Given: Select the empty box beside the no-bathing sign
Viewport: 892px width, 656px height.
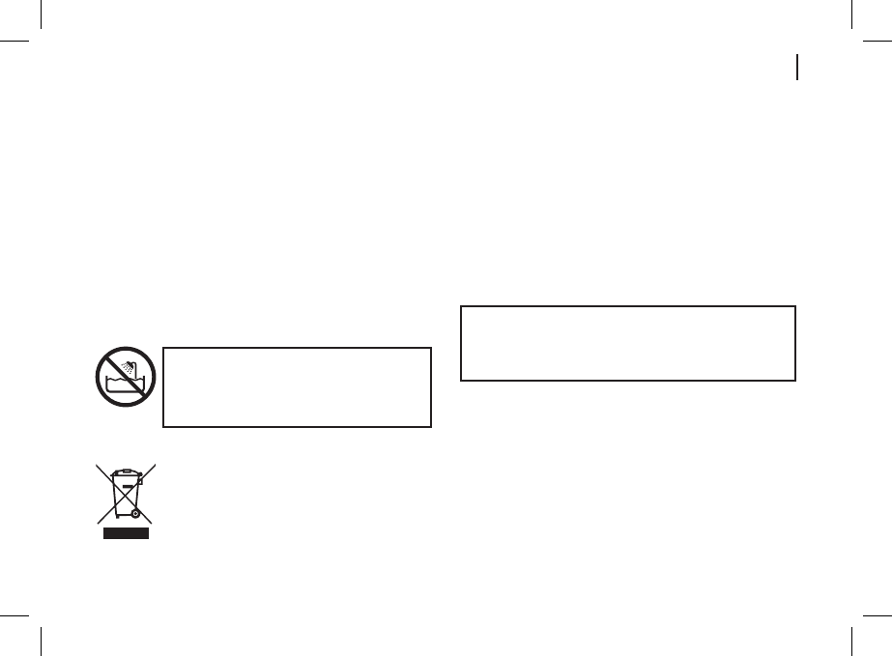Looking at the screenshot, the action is [x=297, y=386].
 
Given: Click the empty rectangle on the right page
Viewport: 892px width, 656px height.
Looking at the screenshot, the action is [x=627, y=343].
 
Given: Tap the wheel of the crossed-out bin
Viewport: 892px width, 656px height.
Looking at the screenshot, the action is [x=135, y=513].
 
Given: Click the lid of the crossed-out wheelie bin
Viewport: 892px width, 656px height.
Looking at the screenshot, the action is [x=125, y=472].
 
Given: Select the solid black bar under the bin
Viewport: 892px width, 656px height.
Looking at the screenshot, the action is [x=126, y=533].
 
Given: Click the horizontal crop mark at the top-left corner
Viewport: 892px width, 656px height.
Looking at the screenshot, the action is [x=14, y=43].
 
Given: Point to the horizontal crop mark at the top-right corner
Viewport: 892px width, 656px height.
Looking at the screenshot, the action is [x=878, y=43].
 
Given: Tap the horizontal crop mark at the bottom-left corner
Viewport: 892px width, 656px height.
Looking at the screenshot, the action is [x=14, y=613].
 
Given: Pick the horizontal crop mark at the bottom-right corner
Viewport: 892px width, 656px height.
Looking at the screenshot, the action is [x=878, y=613].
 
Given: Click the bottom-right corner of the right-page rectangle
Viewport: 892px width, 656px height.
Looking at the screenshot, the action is [x=794, y=380].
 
